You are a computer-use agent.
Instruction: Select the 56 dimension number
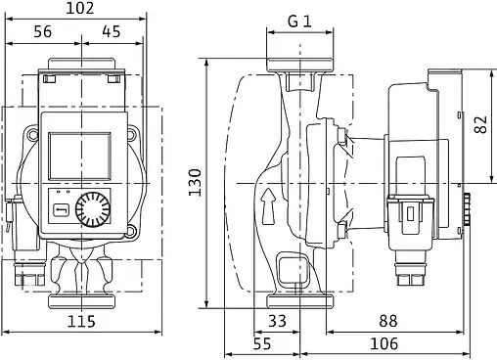42,32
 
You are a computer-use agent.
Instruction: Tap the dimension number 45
112,32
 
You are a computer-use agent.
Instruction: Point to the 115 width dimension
81,322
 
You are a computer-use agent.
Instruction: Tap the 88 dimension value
389,321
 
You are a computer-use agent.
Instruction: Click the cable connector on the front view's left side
15,219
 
